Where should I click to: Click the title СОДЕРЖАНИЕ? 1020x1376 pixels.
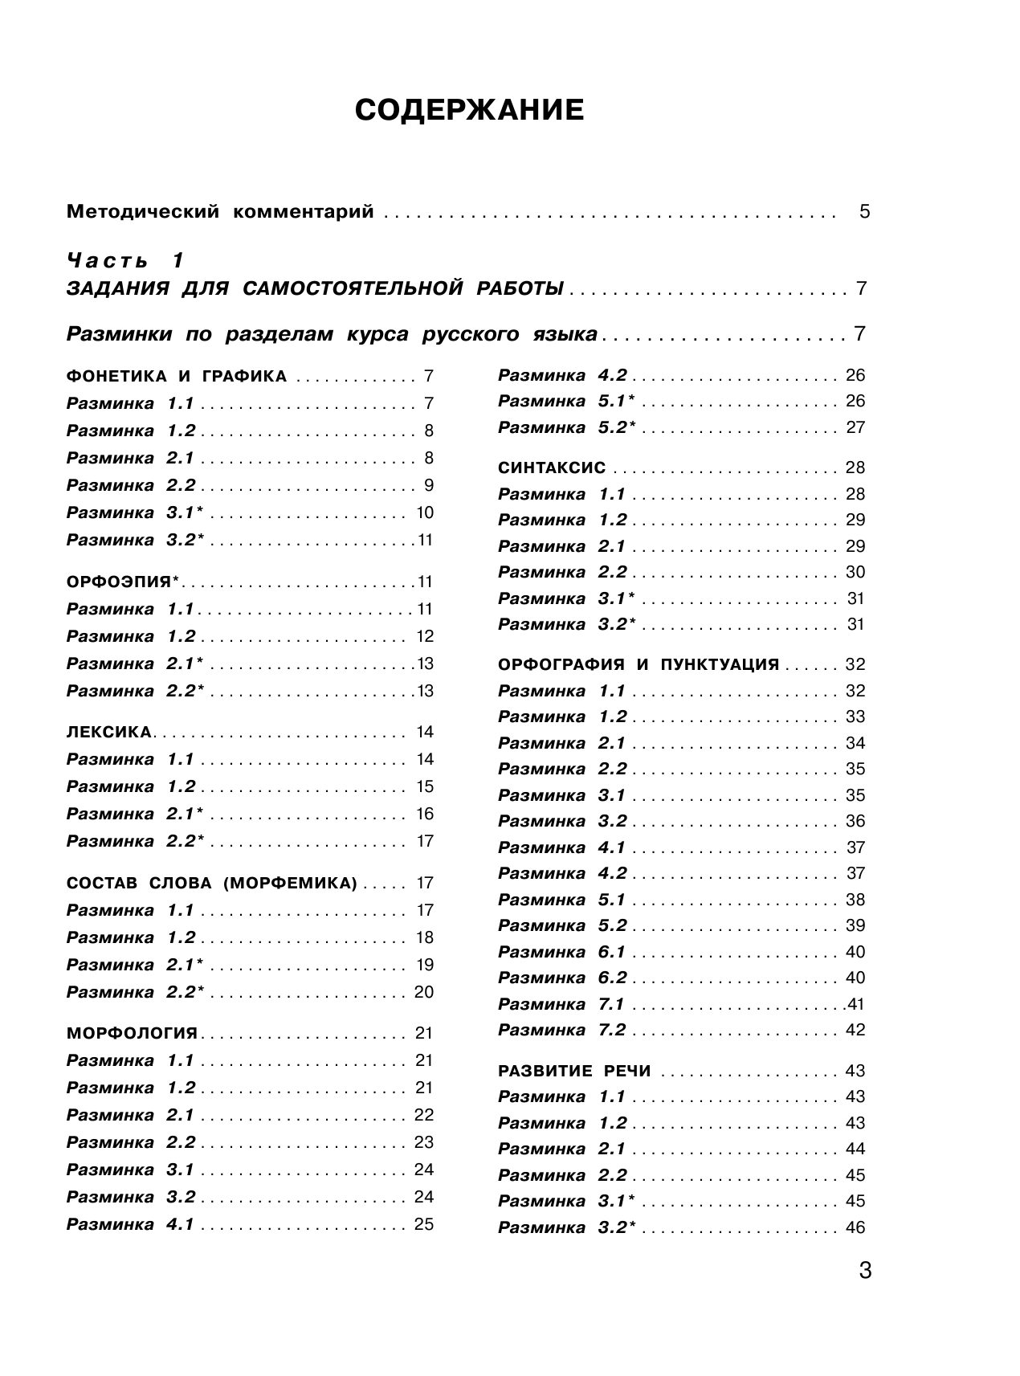coord(469,110)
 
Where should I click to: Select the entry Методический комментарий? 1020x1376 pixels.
coord(220,212)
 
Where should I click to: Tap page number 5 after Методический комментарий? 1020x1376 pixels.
coord(864,212)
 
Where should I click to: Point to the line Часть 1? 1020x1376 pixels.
coord(126,260)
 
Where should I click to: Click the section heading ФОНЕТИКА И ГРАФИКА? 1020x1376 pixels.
coord(177,376)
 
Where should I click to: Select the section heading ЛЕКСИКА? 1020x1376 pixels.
coord(109,732)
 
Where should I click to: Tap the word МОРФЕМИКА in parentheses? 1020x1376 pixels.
coord(290,884)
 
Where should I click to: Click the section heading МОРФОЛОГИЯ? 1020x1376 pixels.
coord(132,1033)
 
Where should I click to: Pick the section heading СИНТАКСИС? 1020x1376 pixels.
coord(552,468)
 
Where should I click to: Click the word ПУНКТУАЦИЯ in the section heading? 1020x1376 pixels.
coord(720,665)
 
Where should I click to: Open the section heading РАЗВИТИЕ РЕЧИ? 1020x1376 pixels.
coord(574,1071)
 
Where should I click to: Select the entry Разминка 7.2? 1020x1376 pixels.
coord(561,1030)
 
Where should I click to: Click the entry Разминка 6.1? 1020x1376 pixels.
coord(561,952)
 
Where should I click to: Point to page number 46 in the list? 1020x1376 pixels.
coord(855,1227)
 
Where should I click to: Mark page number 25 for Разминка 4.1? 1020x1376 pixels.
coord(424,1224)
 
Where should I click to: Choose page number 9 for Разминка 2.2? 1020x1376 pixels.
coord(429,485)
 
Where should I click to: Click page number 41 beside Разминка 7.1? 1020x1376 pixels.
coord(855,1004)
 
